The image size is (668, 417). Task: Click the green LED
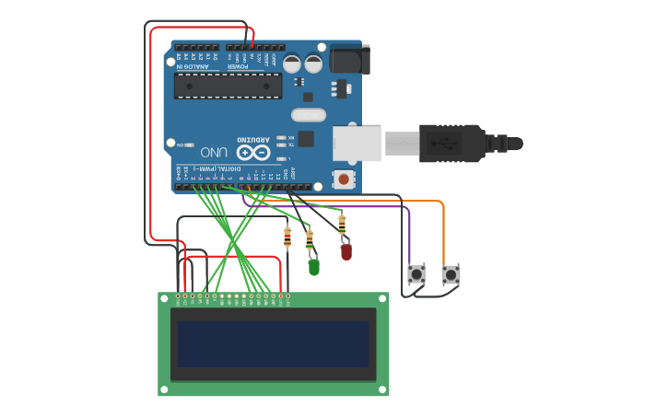[x=314, y=267]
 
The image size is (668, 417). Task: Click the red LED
[x=346, y=250]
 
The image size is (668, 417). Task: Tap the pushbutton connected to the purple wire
[x=416, y=274]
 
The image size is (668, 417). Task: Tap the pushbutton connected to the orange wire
[x=450, y=274]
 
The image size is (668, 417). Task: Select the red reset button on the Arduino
[x=344, y=180]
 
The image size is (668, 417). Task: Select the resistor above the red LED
[x=342, y=222]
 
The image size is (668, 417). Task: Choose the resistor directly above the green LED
[x=310, y=237]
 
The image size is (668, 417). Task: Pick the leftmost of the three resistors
[x=287, y=236]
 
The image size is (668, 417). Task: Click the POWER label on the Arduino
[x=238, y=66]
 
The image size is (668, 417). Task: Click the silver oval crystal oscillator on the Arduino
[x=308, y=115]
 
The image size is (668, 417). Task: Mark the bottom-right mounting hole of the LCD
[x=382, y=389]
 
